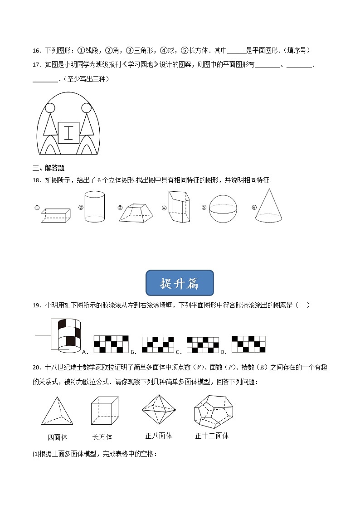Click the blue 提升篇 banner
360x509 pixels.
click(x=180, y=283)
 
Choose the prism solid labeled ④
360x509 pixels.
click(x=180, y=207)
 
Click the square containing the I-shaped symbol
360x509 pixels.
click(x=68, y=133)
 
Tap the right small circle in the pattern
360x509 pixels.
click(x=86, y=108)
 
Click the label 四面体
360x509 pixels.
click(x=57, y=437)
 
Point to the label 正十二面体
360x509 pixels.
click(x=212, y=436)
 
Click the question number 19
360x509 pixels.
click(x=37, y=305)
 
